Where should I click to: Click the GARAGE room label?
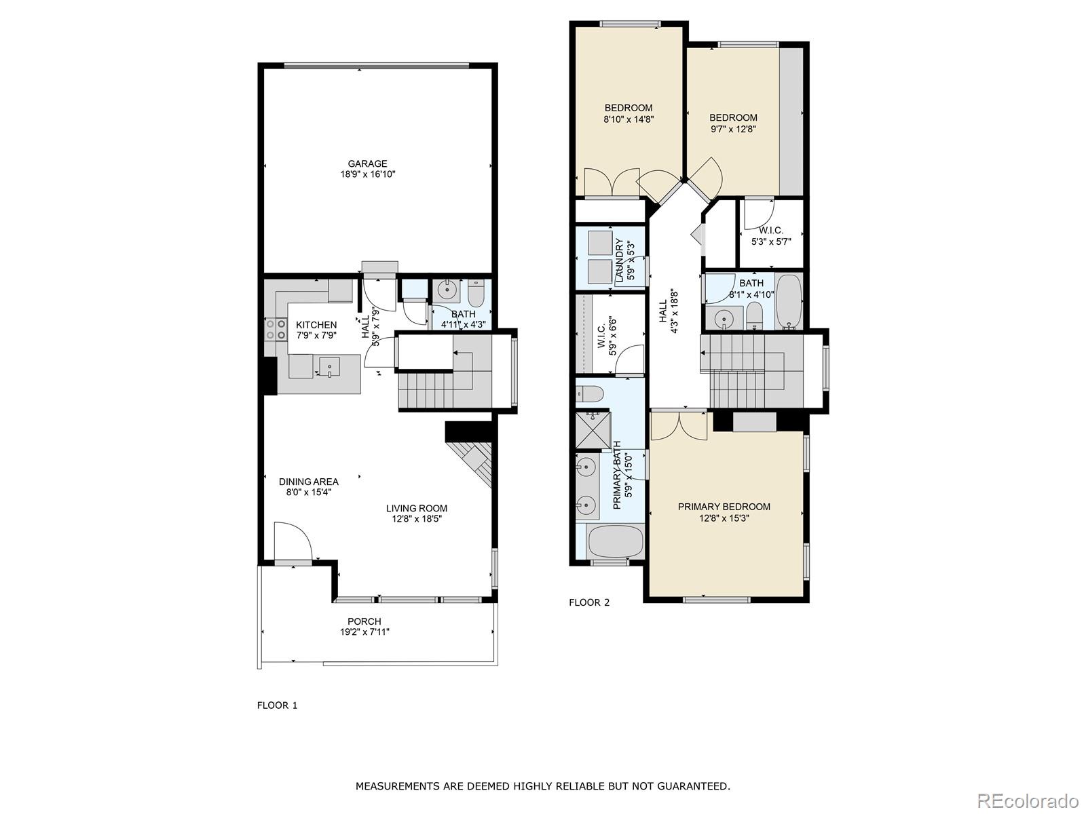click(367, 163)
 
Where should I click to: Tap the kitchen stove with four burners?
click(276, 329)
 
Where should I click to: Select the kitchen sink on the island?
click(329, 366)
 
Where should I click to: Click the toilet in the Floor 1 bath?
click(474, 294)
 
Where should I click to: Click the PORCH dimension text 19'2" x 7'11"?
click(364, 632)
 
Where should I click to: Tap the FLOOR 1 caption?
click(277, 705)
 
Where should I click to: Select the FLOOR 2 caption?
click(589, 602)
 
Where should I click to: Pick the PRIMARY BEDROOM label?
click(724, 507)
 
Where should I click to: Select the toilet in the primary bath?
click(589, 394)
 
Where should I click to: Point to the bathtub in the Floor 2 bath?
click(789, 301)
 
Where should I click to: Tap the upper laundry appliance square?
click(599, 242)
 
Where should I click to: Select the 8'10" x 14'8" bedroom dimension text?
click(628, 119)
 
